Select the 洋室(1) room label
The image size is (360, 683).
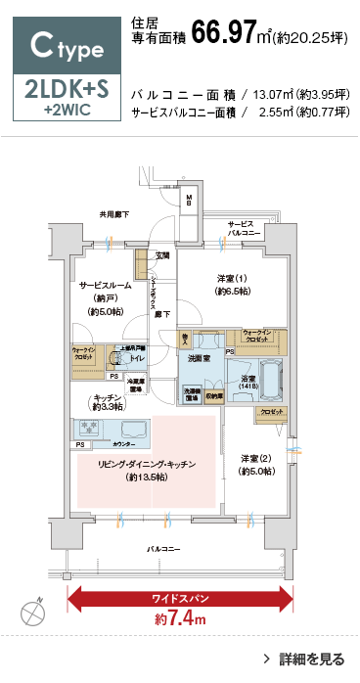[x=233, y=284]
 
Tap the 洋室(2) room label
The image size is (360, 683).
[x=257, y=464]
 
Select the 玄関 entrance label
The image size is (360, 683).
[x=161, y=255]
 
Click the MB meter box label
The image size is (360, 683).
[x=191, y=200]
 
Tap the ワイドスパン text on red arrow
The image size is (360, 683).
[x=179, y=595]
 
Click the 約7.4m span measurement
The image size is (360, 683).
[x=179, y=618]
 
